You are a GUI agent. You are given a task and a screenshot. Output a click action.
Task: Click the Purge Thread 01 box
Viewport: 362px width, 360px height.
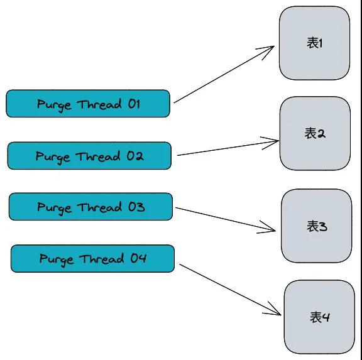(x=88, y=104)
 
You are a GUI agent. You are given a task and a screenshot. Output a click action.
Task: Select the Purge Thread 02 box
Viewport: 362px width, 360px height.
(x=89, y=156)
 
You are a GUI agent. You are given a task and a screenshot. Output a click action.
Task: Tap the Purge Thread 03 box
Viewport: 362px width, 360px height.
(x=90, y=207)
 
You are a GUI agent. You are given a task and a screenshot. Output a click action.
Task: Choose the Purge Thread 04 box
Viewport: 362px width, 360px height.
(x=92, y=259)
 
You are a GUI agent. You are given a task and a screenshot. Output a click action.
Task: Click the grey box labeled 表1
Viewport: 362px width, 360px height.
(x=314, y=43)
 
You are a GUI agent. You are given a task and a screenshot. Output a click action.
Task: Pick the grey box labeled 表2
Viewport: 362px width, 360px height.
(x=315, y=134)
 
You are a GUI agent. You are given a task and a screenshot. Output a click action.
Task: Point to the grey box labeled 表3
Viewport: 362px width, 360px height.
(x=317, y=226)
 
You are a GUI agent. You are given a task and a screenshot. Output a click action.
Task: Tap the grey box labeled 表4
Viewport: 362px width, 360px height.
(x=319, y=317)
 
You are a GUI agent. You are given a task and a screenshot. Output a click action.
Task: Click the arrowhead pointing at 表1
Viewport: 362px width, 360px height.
(x=274, y=46)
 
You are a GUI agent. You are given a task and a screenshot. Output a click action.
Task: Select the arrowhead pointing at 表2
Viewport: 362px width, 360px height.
(x=278, y=141)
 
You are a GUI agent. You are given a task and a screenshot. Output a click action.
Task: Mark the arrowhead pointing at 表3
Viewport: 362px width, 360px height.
(x=275, y=231)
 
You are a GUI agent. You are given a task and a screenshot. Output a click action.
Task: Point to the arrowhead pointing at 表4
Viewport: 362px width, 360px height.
(x=281, y=315)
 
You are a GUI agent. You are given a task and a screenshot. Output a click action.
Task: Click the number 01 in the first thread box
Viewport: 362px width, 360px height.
(x=134, y=104)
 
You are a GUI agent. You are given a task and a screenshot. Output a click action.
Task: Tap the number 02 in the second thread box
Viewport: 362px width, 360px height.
(x=135, y=156)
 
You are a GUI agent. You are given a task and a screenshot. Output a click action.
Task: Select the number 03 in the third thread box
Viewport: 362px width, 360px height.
(x=136, y=207)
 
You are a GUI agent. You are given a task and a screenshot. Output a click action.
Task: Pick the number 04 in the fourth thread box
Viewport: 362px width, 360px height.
(x=138, y=258)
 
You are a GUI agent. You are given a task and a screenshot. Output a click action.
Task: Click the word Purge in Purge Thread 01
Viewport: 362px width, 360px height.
(x=54, y=106)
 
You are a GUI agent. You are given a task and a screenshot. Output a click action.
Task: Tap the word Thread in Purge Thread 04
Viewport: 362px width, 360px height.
(x=102, y=259)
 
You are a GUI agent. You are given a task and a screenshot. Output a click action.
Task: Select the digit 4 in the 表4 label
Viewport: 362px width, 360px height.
(x=326, y=317)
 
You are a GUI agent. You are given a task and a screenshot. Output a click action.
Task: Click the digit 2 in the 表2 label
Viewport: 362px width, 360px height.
(x=321, y=134)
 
